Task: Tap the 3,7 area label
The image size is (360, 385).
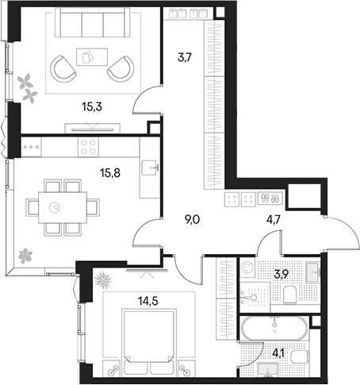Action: click(x=184, y=56)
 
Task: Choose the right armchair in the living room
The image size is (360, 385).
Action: click(x=120, y=69)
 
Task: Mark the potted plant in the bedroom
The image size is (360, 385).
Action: click(x=102, y=279)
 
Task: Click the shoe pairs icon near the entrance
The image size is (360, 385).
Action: click(x=270, y=198)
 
